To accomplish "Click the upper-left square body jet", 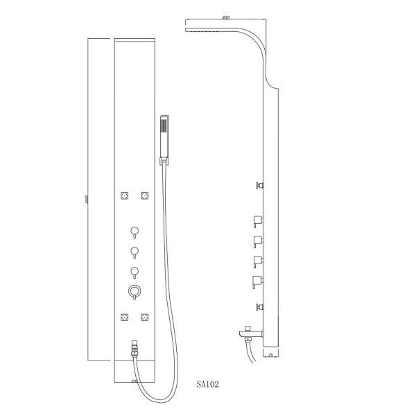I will click(125, 196).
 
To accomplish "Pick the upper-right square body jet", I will click(145, 196).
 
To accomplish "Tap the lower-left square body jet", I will click(125, 318).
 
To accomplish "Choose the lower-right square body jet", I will click(145, 318).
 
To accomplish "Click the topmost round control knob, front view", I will click(135, 231).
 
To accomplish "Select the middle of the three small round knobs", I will click(135, 250).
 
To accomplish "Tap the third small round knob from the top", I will click(135, 270).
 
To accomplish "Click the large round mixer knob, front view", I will click(135, 292).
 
